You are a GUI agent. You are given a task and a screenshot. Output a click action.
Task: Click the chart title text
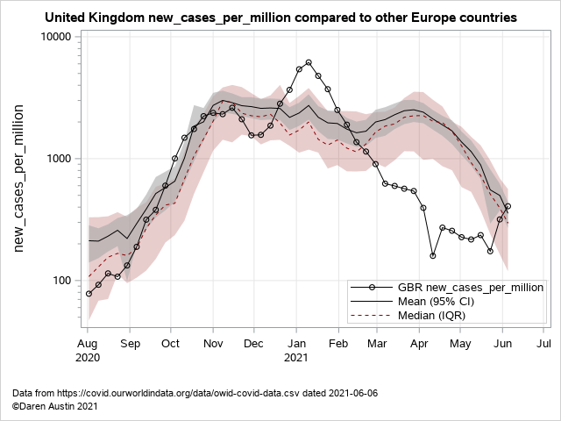[x=280, y=18]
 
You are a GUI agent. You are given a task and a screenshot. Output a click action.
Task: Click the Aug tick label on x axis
[x=88, y=344]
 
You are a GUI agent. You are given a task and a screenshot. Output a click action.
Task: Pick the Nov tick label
[x=212, y=344]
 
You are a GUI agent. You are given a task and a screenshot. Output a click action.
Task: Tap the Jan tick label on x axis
[x=295, y=344]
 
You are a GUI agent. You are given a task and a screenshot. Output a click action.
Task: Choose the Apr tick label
[x=418, y=344]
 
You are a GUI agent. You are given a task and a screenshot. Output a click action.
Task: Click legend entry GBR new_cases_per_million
[x=471, y=287]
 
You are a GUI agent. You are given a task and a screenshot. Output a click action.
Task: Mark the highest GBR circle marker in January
[x=309, y=62]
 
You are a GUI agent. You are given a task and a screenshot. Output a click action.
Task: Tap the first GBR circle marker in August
[x=89, y=294]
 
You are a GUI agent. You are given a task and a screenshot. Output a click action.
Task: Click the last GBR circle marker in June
[x=508, y=206]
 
